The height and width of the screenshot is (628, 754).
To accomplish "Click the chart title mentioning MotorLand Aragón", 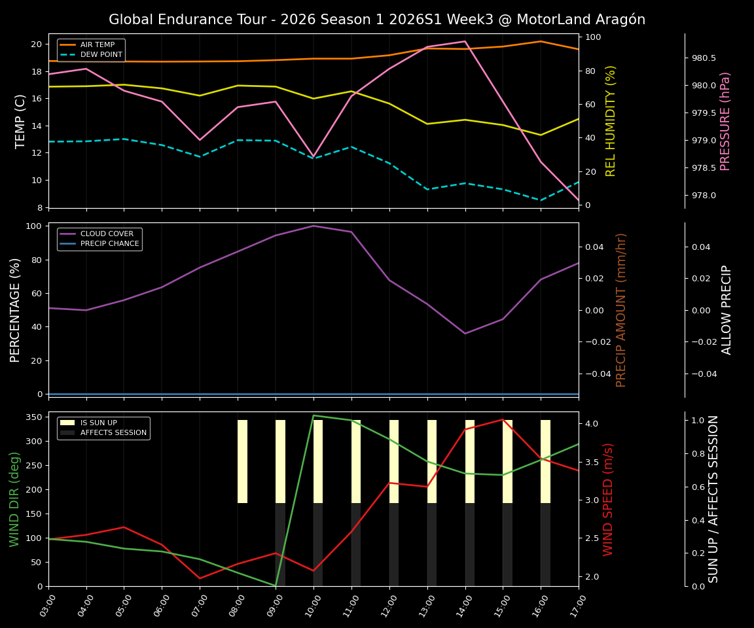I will tap(377, 20).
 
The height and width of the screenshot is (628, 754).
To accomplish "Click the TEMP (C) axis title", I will tap(21, 121).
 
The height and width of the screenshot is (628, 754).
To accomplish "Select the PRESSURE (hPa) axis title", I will tap(725, 121).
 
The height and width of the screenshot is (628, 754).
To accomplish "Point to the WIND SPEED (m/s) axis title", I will tap(609, 499).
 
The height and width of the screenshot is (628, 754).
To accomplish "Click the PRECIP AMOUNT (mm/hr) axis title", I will tap(622, 310).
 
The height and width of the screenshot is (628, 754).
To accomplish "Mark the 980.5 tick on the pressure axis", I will tap(704, 58).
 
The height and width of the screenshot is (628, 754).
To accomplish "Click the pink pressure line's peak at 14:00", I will tap(465, 41).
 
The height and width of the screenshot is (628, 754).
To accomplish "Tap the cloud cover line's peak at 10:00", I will tap(314, 226).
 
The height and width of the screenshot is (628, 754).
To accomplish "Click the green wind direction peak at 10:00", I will tap(314, 415).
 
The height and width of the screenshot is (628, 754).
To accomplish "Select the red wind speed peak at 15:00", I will tap(503, 419).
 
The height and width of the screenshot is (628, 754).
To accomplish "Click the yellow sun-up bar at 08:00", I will tap(242, 461).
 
